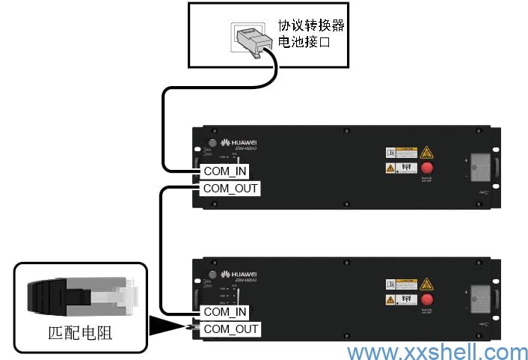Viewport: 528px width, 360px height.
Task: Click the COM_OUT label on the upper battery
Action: pos(231,189)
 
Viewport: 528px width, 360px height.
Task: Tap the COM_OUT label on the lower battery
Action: pos(231,329)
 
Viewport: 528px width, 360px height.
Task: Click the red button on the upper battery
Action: pos(427,168)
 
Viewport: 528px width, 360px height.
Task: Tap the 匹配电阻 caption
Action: pos(81,332)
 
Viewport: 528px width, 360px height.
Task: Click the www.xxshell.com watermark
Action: pos(438,352)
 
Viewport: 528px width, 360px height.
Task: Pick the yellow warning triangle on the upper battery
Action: pos(427,152)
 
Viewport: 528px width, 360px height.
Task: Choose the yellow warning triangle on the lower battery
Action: pos(427,284)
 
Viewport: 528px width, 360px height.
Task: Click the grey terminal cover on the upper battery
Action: pos(480,166)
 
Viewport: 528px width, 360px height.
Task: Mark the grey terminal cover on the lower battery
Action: pos(480,298)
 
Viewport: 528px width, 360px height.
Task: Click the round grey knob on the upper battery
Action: pos(213,143)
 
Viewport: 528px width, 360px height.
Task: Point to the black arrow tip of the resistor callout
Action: pos(185,327)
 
